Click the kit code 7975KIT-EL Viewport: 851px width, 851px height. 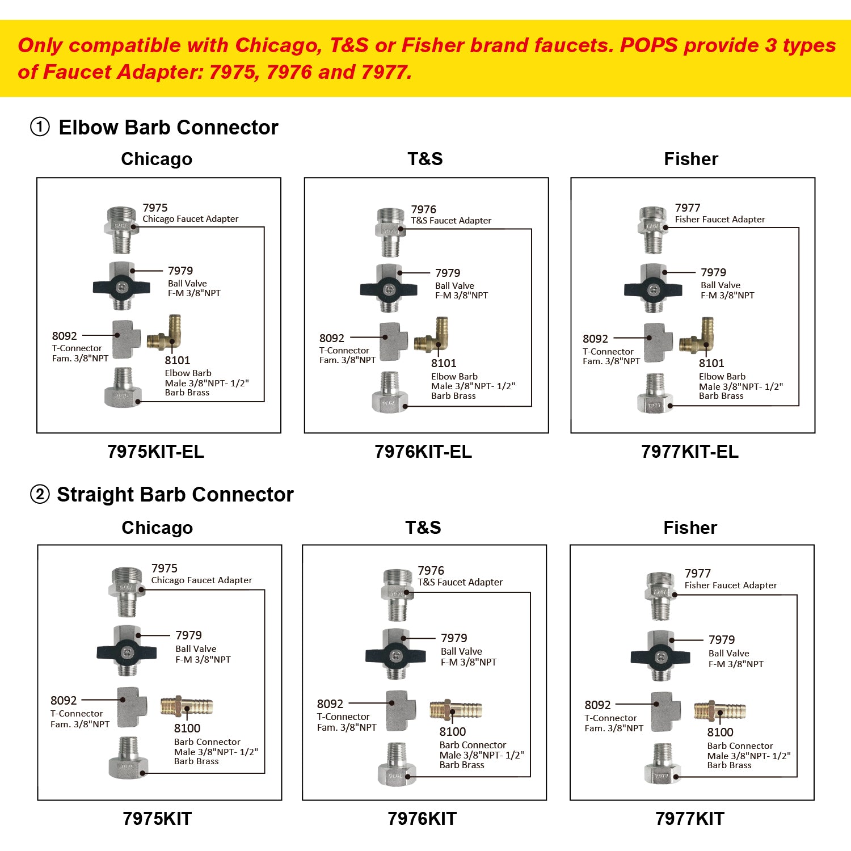click(155, 452)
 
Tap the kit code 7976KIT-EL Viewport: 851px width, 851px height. click(423, 452)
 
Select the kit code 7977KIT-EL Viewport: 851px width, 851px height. click(690, 452)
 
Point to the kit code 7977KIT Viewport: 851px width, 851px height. click(690, 819)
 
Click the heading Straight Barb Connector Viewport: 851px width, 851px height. click(175, 495)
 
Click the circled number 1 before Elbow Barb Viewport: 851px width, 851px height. click(40, 127)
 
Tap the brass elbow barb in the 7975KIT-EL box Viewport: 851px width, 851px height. click(165, 334)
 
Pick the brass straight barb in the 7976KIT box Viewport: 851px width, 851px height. click(456, 710)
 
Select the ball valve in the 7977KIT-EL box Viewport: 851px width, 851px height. click(652, 289)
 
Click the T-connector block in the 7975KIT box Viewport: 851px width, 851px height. click(132, 706)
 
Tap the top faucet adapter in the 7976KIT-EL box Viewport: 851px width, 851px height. click(390, 231)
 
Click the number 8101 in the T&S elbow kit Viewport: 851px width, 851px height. click(444, 363)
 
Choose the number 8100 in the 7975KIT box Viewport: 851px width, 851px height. click(187, 728)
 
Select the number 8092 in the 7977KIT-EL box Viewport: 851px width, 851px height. click(595, 339)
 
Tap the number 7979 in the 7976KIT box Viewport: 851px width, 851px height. click(454, 638)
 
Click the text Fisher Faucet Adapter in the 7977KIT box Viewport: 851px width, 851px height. click(731, 585)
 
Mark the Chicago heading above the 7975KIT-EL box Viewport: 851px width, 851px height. click(157, 159)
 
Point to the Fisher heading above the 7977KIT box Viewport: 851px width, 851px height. click(690, 528)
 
